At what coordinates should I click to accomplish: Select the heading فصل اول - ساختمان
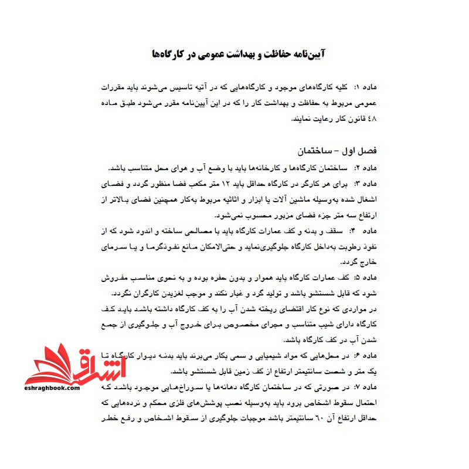[339, 151]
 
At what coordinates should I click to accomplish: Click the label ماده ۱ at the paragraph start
[360, 87]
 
